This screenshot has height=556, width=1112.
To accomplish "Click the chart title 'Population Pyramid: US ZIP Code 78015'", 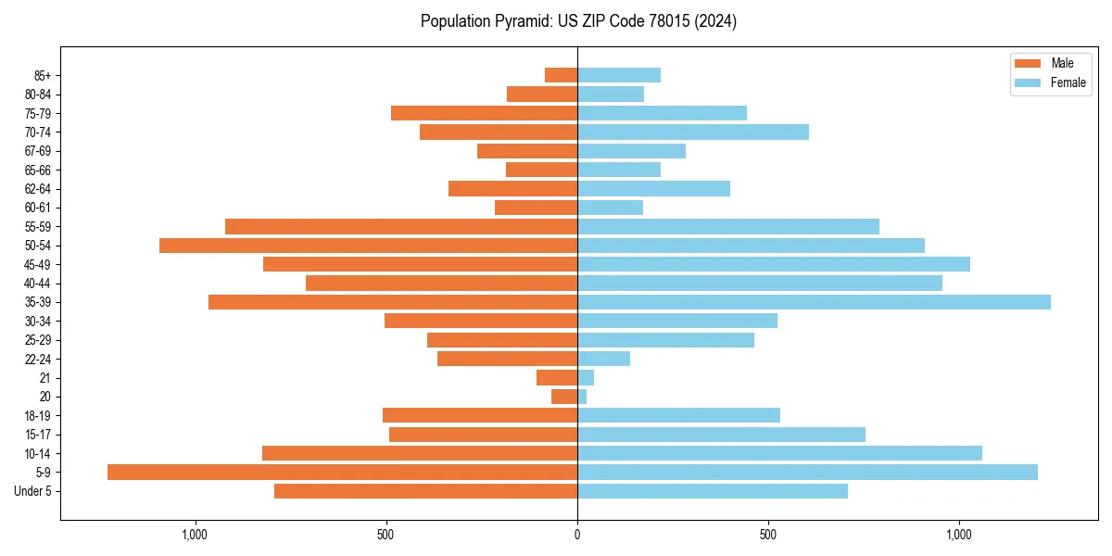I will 578,21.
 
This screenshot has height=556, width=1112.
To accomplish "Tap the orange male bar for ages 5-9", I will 342,473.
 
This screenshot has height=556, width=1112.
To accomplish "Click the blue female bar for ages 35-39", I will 814,302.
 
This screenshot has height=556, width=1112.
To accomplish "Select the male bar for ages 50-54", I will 368,246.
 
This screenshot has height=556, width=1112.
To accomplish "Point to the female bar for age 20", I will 582,397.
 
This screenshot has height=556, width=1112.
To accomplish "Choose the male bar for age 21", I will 557,378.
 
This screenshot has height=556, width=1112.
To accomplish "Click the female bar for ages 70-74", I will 693,133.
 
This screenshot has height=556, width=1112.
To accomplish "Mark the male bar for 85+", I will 561,75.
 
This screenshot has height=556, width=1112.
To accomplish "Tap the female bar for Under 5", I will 712,491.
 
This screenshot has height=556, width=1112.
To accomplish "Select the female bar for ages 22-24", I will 603,359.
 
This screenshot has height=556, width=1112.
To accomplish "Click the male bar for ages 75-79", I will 484,113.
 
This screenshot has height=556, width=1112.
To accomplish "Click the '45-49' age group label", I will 38,264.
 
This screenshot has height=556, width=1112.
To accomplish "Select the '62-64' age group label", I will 38,189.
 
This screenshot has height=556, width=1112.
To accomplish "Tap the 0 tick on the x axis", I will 577,535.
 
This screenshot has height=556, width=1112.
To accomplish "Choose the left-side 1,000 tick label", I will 195,535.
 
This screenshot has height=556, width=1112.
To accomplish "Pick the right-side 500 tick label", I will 767,535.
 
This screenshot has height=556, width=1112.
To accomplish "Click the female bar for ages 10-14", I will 779,453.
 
